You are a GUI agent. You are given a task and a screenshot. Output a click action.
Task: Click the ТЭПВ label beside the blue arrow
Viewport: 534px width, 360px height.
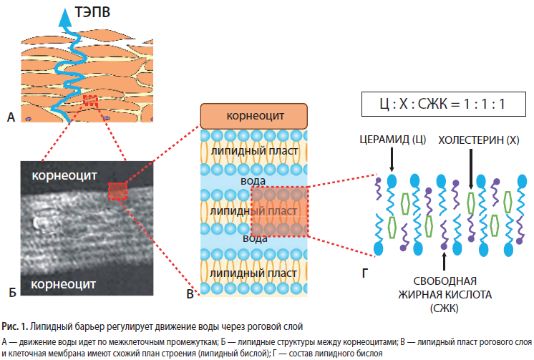92,12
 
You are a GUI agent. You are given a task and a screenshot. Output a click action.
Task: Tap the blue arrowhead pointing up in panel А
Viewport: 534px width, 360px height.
65,18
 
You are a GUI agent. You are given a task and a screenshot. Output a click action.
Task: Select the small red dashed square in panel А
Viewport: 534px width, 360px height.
91,101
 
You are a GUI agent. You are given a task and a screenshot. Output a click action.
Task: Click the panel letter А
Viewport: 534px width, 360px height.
11,117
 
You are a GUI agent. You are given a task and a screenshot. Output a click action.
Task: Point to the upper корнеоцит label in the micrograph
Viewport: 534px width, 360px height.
64,175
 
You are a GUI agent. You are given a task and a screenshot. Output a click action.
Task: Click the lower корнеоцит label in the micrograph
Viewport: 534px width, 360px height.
63,284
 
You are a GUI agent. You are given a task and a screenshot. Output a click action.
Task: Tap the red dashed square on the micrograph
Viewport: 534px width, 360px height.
117,191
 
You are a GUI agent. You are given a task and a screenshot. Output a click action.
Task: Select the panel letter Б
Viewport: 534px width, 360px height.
12,292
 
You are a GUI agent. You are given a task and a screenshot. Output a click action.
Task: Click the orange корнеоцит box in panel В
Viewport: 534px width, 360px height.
253,116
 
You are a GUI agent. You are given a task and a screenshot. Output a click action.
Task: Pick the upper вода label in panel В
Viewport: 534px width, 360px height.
253,181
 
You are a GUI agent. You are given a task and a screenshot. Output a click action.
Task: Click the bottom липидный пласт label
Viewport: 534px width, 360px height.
253,273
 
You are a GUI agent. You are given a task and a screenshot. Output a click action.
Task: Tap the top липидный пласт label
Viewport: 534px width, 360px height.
254,151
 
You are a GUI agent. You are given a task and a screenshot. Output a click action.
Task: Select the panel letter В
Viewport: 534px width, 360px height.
190,294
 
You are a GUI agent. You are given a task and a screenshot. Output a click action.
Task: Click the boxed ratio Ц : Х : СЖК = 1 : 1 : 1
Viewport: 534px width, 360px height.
443,104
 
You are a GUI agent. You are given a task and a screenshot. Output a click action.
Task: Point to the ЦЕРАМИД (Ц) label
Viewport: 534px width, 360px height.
393,140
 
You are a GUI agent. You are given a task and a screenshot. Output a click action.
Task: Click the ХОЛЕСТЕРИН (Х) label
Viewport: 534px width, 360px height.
478,140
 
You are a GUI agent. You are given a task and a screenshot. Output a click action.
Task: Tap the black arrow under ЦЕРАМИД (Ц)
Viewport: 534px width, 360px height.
392,160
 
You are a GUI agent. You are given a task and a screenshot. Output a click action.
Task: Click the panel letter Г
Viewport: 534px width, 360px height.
365,273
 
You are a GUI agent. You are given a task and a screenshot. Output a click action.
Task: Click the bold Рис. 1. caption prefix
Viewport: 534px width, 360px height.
14,326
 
